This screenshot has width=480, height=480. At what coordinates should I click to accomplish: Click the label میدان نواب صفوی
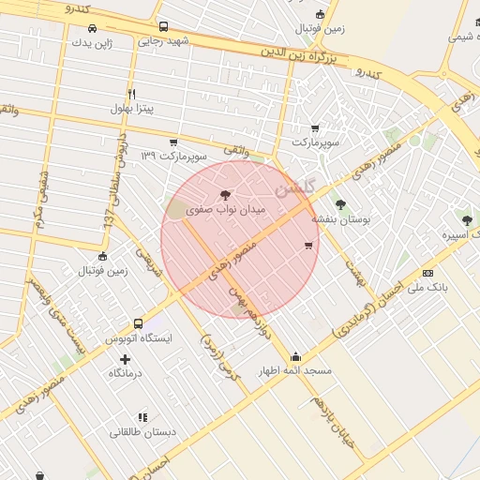[226, 210]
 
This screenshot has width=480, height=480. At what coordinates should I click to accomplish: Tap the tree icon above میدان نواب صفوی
[225, 195]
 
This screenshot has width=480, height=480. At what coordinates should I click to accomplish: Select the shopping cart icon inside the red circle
[308, 246]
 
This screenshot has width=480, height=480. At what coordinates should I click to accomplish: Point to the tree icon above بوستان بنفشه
[339, 203]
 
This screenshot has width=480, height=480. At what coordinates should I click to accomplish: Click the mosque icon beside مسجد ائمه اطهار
[296, 356]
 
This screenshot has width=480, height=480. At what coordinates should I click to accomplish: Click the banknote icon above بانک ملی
[428, 273]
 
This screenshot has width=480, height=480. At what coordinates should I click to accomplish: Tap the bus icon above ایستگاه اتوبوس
[138, 323]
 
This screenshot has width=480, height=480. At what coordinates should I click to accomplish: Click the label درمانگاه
[125, 373]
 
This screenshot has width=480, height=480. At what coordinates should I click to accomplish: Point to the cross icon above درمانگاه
[126, 359]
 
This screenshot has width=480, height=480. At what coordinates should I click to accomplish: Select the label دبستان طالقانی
[142, 432]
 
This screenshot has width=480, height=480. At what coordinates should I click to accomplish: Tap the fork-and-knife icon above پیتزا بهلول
[131, 94]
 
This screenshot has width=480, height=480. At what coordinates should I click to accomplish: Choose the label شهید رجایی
[163, 41]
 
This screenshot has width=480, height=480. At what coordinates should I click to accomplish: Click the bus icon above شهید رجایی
[164, 27]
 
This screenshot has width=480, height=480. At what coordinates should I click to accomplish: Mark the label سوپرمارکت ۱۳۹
[172, 154]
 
